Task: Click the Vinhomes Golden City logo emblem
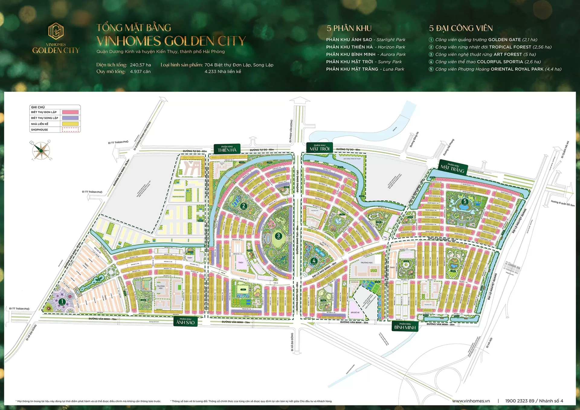[x=56, y=31]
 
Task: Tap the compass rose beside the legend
[x=40, y=150]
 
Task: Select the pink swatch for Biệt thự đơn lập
[x=70, y=112]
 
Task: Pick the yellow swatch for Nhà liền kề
[x=70, y=124]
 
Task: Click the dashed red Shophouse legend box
[x=70, y=130]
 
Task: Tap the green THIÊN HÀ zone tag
[x=227, y=149]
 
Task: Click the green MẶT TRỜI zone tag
[x=319, y=148]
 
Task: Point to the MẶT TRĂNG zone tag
[x=453, y=168]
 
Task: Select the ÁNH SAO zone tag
[x=185, y=321]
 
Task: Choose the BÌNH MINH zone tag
[x=405, y=326]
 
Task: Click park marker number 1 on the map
[x=62, y=302]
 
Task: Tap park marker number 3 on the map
[x=278, y=236]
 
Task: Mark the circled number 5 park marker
[x=465, y=201]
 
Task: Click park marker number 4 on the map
[x=314, y=260]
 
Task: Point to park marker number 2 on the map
[x=243, y=206]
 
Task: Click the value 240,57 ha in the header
[x=140, y=65]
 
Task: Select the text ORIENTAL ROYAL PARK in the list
[x=517, y=69]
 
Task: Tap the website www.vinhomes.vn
[x=471, y=401]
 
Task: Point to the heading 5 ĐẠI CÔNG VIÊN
[x=461, y=28]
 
